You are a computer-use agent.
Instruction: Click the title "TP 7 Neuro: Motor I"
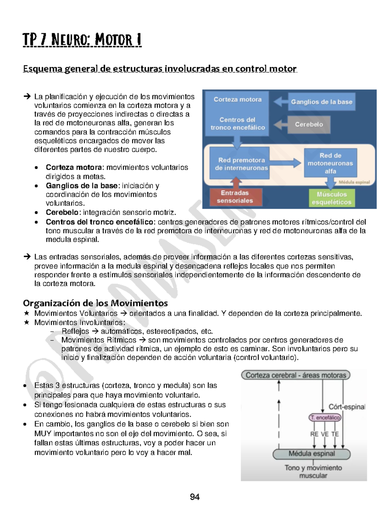click(82, 40)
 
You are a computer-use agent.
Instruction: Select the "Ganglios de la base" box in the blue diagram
click(321, 102)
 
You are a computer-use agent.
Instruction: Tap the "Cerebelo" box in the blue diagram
click(309, 125)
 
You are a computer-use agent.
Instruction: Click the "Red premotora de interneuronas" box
click(239, 164)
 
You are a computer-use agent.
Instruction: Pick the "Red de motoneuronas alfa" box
click(330, 163)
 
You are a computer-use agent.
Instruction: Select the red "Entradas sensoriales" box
click(235, 197)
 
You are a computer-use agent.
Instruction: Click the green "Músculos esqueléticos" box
click(331, 198)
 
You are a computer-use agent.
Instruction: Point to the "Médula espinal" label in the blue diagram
click(354, 182)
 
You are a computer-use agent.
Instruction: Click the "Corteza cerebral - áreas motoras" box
click(295, 375)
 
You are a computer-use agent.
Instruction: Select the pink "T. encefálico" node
click(325, 418)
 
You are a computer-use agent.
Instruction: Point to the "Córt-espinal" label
click(347, 407)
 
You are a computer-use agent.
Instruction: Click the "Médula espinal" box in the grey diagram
click(311, 454)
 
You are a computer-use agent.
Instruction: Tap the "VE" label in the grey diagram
click(325, 434)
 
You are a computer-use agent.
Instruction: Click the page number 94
click(195, 497)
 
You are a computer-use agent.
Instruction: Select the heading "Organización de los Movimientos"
click(95, 303)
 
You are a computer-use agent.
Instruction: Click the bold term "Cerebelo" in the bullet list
click(62, 213)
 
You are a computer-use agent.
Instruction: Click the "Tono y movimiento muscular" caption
click(313, 472)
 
